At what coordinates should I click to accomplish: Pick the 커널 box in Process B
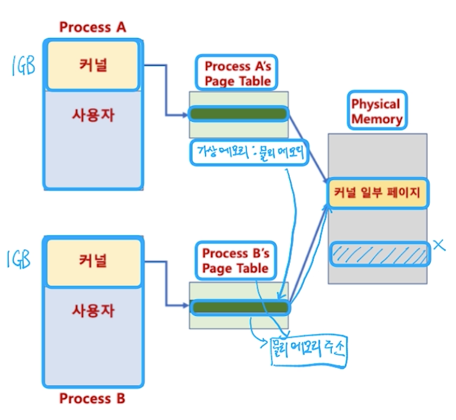(93, 260)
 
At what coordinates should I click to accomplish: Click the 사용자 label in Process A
(93, 114)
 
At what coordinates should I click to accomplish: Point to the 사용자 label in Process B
(93, 310)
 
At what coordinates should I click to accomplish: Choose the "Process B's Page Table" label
(235, 260)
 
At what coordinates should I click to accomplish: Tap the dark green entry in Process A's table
(238, 114)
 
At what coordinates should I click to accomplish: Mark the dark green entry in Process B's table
(239, 307)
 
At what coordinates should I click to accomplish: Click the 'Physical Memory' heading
(376, 111)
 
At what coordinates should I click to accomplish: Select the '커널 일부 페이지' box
(377, 193)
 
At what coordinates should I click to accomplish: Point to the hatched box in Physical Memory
(379, 253)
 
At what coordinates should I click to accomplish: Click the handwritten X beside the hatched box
(439, 246)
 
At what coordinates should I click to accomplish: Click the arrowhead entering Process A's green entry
(185, 114)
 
